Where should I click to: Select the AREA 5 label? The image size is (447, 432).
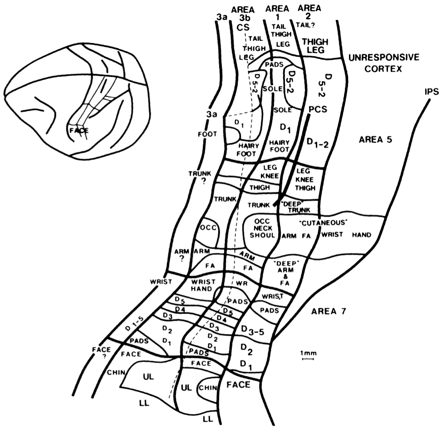pos(374,140)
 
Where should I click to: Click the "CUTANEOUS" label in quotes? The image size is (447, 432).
pos(324,223)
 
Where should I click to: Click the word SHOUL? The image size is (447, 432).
pos(261,235)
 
